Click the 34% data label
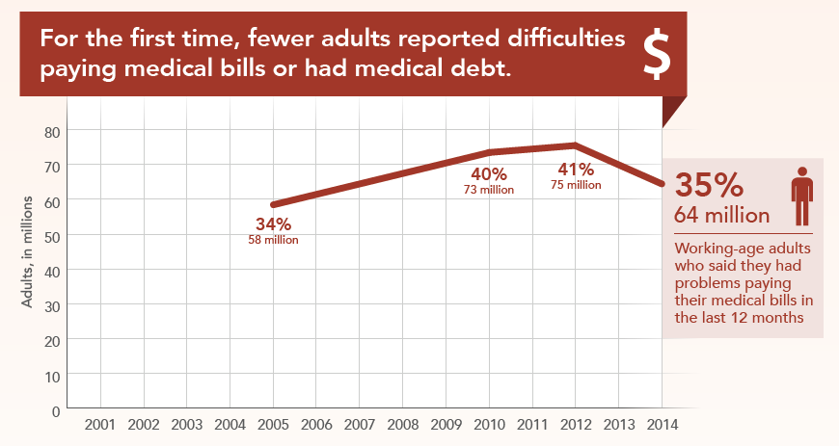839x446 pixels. point(274,225)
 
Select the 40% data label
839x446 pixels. point(489,174)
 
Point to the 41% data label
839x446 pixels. point(577,169)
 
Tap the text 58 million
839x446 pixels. point(274,240)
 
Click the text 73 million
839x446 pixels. point(489,190)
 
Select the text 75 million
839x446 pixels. point(577,184)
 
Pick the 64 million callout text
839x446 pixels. point(721,214)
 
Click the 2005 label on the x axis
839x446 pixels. point(273,424)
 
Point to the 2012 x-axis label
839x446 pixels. point(575,424)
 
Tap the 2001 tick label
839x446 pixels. point(100,424)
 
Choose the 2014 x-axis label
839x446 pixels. point(662,424)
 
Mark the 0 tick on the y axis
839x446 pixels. point(57,410)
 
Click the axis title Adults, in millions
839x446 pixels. point(28,251)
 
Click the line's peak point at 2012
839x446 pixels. point(575,145)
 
